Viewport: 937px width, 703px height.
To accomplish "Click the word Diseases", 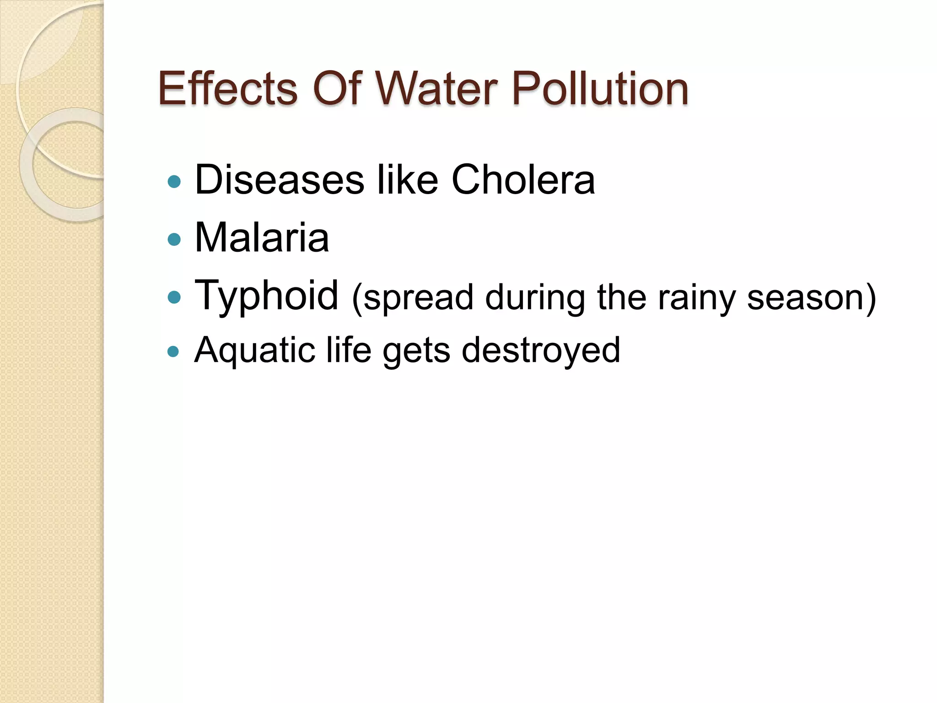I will (x=280, y=180).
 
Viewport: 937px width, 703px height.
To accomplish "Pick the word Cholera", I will (x=523, y=180).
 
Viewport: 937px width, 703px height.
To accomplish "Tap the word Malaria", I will (x=262, y=238).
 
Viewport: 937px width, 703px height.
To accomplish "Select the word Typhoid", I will (x=266, y=296).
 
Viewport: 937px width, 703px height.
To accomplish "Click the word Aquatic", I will (x=254, y=351).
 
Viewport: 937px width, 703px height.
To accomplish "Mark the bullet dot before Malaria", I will (x=174, y=239).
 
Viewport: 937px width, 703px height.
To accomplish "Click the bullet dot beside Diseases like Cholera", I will (x=174, y=182).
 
